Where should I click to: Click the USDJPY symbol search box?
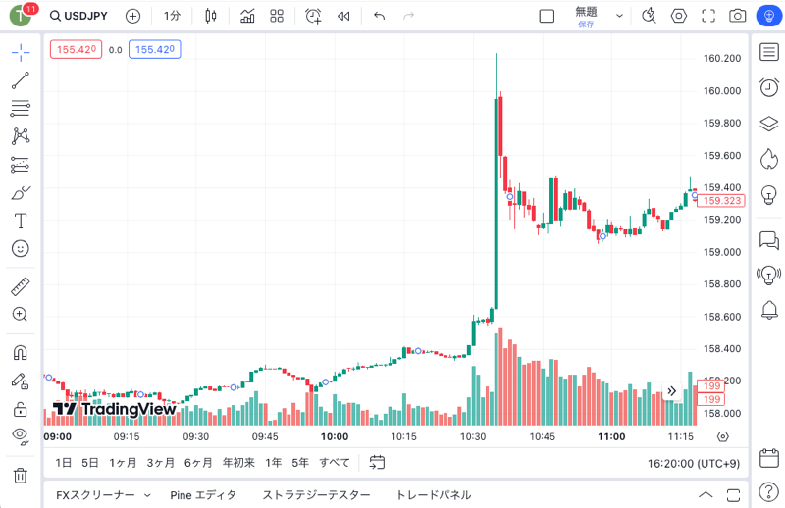coord(78,16)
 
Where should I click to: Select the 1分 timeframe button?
coord(172,16)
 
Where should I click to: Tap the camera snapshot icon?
coord(737,16)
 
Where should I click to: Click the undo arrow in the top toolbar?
coord(379,16)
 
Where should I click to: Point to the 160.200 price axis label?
coord(722,58)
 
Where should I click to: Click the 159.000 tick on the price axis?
coord(722,252)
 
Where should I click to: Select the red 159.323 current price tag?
coord(721,201)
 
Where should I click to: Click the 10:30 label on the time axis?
coord(473,437)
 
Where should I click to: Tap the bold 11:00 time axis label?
coord(611,437)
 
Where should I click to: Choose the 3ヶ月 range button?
coord(160,463)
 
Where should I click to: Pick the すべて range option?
coord(335,463)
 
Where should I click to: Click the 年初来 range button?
coord(238,463)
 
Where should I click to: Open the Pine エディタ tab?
coord(203,495)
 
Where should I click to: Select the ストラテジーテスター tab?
coord(316,495)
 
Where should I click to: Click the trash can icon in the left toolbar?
coord(20,475)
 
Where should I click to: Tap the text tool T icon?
coord(20,221)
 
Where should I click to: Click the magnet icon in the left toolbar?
coord(20,353)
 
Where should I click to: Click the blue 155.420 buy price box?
coord(155,50)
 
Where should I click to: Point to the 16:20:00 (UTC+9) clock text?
coord(694,464)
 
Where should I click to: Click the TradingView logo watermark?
coord(114,409)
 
